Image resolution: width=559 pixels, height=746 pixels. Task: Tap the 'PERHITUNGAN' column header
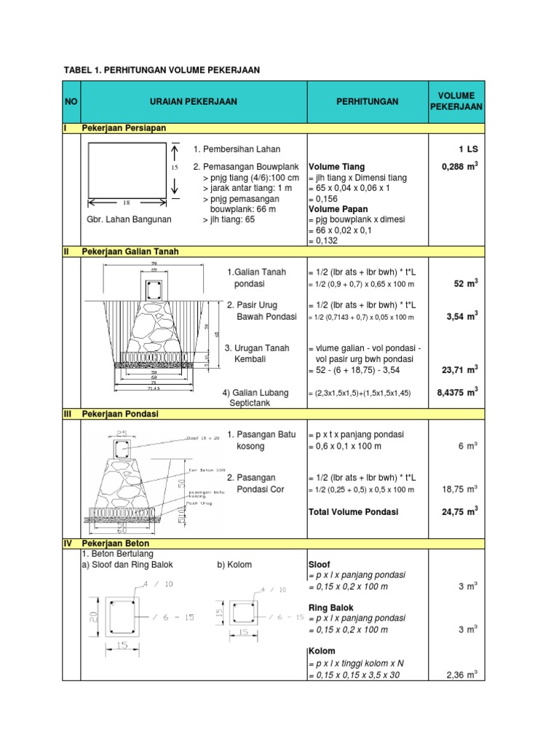click(367, 102)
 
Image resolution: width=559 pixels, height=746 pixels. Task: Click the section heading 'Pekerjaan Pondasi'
click(120, 414)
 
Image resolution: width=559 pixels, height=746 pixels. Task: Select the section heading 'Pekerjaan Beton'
click(116, 543)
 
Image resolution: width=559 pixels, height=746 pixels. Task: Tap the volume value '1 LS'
click(467, 149)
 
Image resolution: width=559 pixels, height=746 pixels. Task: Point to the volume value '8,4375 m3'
click(457, 392)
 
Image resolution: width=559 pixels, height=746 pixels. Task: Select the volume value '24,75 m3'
click(459, 512)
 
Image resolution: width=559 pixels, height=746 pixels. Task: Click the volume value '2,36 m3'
click(461, 675)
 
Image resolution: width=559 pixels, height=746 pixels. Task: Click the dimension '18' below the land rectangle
click(126, 204)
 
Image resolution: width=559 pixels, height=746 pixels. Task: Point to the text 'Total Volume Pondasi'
click(353, 512)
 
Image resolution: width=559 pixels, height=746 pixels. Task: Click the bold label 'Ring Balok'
click(329, 606)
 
